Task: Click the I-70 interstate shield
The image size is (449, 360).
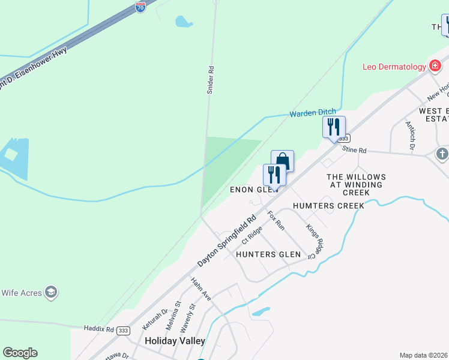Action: pyautogui.click(x=140, y=7)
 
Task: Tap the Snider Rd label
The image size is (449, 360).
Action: pyautogui.click(x=211, y=79)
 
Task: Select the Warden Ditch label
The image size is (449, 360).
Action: pyautogui.click(x=313, y=112)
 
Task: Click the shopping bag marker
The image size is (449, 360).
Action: pyautogui.click(x=282, y=161)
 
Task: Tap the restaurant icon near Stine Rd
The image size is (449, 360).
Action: pyautogui.click(x=334, y=127)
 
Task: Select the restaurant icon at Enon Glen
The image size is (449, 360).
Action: pyautogui.click(x=274, y=175)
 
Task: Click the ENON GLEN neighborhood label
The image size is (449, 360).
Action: pyautogui.click(x=255, y=190)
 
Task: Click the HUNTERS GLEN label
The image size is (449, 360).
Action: pyautogui.click(x=268, y=254)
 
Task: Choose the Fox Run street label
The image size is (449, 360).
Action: pyautogui.click(x=276, y=221)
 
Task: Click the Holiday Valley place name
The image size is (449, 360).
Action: pyautogui.click(x=175, y=341)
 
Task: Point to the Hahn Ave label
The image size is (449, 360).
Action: pyautogui.click(x=200, y=289)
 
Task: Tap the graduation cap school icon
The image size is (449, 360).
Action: pyautogui.click(x=52, y=292)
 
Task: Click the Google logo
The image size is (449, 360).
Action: pyautogui.click(x=20, y=353)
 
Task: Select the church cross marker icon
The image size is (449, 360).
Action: pyautogui.click(x=442, y=154)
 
